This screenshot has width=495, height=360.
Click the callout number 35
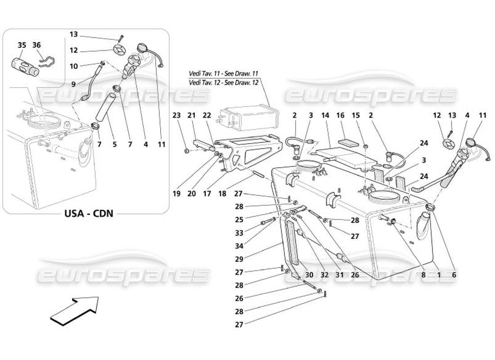pyautogui.click(x=22, y=45)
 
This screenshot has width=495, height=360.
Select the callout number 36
pyautogui.click(x=37, y=45)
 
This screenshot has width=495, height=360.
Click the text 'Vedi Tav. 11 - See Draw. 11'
pyautogui.click(x=224, y=73)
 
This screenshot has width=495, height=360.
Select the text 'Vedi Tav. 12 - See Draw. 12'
pyautogui.click(x=224, y=83)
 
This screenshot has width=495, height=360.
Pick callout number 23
pyautogui.click(x=176, y=116)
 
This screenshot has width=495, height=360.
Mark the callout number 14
pyautogui.click(x=325, y=116)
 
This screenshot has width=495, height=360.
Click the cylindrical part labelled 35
pyautogui.click(x=24, y=66)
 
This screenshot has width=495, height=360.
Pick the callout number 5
pyautogui.click(x=114, y=144)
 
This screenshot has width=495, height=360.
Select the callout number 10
pyautogui.click(x=74, y=66)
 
